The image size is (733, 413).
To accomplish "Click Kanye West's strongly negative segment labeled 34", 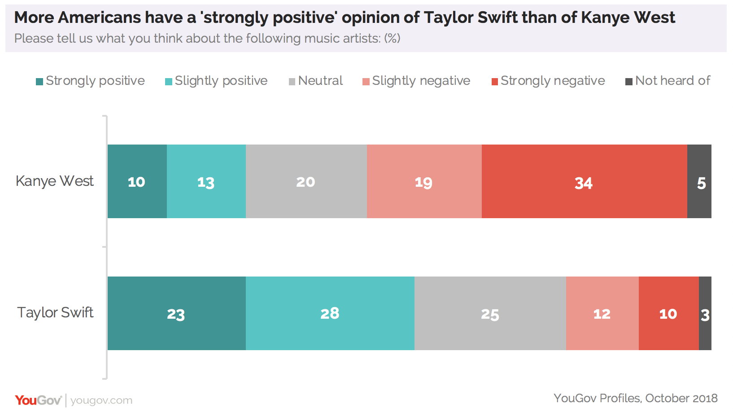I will pos(584,181).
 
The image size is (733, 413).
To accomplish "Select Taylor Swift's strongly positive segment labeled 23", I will pos(176,313).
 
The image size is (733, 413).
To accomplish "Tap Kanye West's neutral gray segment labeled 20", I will pos(306,181).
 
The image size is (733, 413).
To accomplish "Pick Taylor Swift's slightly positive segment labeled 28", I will pos(330,313).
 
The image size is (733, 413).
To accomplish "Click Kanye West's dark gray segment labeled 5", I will pos(699,181).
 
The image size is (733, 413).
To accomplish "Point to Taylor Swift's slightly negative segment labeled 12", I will pos(602,313).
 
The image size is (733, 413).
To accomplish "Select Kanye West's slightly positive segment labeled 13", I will pos(206,181).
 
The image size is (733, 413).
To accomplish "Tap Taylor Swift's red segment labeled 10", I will pos(668,313).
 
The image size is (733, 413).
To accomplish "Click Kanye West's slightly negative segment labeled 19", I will pos(424,181).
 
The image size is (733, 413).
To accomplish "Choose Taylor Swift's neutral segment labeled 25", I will pos(490,313).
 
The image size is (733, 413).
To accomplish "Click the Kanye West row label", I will pos(55,181).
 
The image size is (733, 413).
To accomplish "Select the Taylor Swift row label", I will pos(55,312).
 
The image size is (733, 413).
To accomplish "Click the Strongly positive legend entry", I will pos(91,81).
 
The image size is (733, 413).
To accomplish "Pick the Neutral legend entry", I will pos(316,81).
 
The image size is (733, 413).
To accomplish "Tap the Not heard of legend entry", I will pos(668,81).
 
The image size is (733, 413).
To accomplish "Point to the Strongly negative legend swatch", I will pos(495,82).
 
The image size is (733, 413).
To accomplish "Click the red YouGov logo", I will pos(38,400).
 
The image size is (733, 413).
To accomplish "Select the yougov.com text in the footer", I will pos(101,400).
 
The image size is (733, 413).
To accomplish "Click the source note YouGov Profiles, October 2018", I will pos(635,398).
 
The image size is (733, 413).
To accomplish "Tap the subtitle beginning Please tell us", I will pos(207,39).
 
